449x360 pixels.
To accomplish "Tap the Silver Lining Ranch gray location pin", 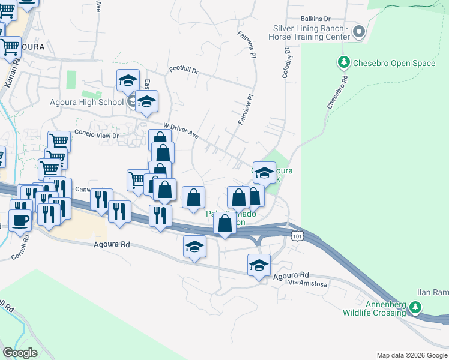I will (x=358, y=32).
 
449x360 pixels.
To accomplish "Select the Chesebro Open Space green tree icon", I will (x=344, y=61).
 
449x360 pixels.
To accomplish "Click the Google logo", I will (x=20, y=353).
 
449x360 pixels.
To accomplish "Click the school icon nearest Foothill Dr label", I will (x=128, y=80).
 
